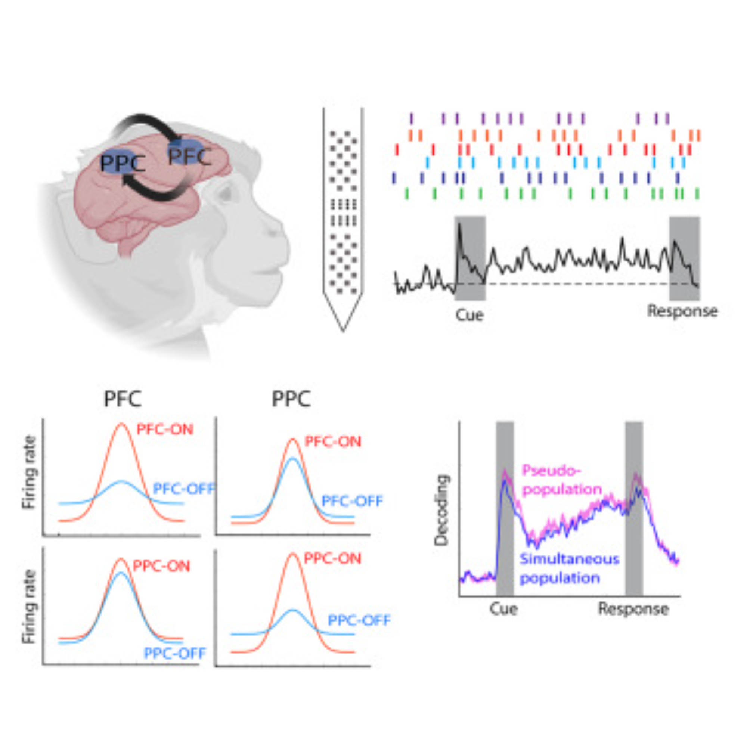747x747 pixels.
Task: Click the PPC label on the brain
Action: point(123,163)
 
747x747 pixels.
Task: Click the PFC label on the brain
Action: point(189,155)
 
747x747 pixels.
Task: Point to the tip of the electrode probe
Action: point(343,330)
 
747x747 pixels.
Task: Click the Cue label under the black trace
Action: point(469,315)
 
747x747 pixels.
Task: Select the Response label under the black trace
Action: point(682,311)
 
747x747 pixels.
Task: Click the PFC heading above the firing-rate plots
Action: point(123,399)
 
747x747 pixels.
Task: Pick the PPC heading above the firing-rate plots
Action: point(291,399)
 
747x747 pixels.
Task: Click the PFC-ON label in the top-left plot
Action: point(165,429)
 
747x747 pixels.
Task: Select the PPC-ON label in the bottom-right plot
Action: point(332,558)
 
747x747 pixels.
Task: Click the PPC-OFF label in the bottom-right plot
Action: point(359,620)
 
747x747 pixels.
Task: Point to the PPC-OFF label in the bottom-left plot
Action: point(175,653)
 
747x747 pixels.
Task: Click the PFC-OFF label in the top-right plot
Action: point(352,501)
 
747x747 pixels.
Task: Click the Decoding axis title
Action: point(441,510)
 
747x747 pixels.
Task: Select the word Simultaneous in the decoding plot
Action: point(570,559)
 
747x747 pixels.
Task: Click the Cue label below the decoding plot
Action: point(503,608)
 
